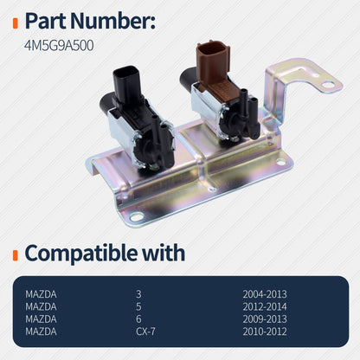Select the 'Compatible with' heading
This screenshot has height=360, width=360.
[104, 253]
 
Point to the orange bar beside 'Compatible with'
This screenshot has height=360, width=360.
[16, 254]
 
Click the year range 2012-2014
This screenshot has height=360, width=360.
[265, 307]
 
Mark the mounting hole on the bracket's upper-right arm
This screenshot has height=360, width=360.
[327, 85]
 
